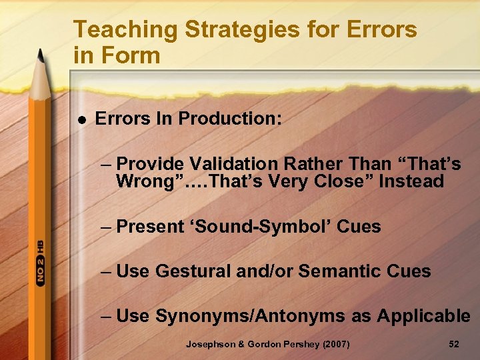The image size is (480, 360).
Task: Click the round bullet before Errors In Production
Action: click(x=81, y=120)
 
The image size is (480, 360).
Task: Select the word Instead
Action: click(x=411, y=181)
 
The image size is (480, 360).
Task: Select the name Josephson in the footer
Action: click(x=210, y=344)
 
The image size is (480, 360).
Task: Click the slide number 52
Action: click(x=455, y=344)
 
